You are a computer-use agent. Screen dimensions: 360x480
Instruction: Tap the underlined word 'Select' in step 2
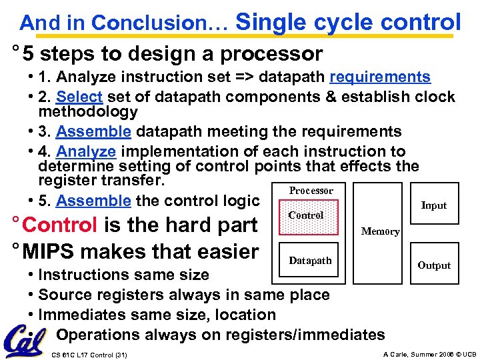(x=79, y=97)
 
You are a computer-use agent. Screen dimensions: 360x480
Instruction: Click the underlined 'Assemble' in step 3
(x=93, y=132)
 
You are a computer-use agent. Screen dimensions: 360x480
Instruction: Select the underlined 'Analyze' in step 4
(x=86, y=152)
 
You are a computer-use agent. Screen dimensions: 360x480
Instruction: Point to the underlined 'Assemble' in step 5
(x=93, y=201)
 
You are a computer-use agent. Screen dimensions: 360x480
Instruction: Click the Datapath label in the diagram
(x=310, y=261)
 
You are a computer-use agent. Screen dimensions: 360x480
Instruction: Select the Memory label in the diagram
(x=380, y=231)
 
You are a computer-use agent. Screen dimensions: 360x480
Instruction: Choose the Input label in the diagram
(x=433, y=205)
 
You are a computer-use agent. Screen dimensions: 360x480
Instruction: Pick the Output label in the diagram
(x=434, y=265)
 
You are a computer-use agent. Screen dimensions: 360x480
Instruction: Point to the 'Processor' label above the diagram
(x=311, y=191)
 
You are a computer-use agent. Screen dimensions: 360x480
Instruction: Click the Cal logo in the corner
(x=25, y=341)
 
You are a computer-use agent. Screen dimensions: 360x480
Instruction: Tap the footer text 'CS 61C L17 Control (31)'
(x=89, y=354)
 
